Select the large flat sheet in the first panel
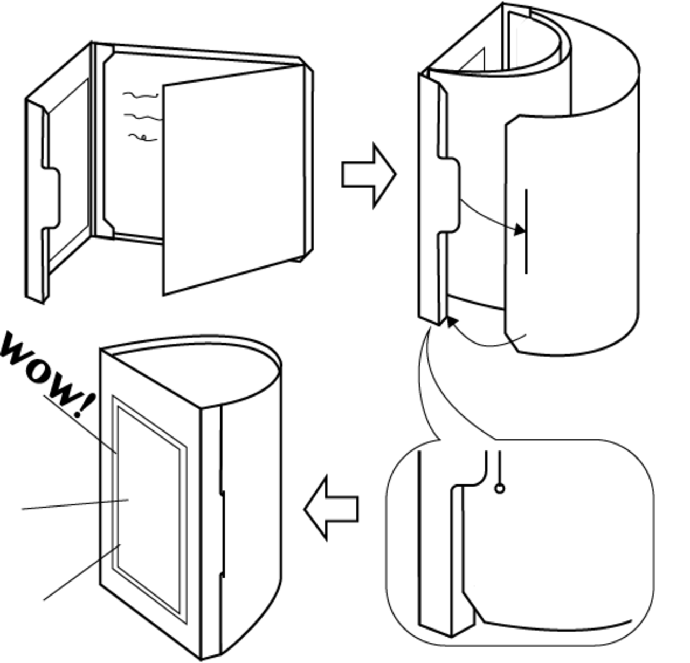pos(233,179)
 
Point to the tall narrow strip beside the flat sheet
pos(100,140)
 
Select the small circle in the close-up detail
pos(500,489)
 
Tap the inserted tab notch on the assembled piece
pos(222,534)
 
